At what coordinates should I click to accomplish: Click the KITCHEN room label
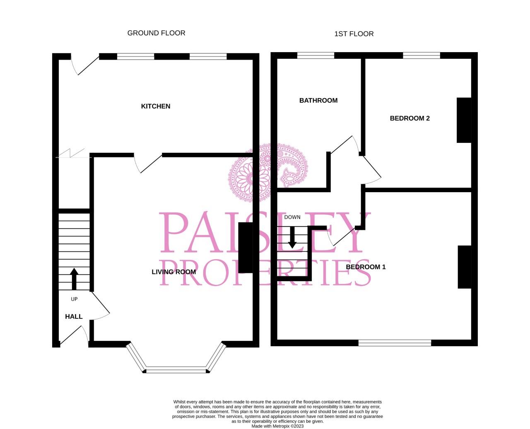click(156, 106)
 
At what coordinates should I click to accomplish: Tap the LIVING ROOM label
click(173, 272)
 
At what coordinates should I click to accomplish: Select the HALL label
click(74, 317)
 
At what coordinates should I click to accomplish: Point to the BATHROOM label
click(318, 101)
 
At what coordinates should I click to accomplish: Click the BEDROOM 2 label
click(410, 118)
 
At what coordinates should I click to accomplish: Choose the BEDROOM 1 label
click(366, 267)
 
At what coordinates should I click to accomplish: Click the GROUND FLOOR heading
click(156, 33)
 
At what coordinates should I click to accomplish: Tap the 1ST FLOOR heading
click(354, 34)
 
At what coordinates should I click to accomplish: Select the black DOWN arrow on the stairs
click(292, 237)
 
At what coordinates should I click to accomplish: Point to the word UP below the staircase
click(74, 299)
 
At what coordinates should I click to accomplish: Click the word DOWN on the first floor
click(292, 217)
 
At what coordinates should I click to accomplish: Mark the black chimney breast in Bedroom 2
click(464, 120)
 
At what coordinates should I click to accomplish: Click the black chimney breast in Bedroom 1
click(464, 267)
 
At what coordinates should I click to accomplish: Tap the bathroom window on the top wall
click(316, 55)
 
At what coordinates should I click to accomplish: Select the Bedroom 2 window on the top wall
click(421, 55)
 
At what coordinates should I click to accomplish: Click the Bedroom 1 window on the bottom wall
click(395, 342)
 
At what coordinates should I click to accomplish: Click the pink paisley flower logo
click(267, 172)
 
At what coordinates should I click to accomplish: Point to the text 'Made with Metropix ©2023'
click(277, 426)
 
